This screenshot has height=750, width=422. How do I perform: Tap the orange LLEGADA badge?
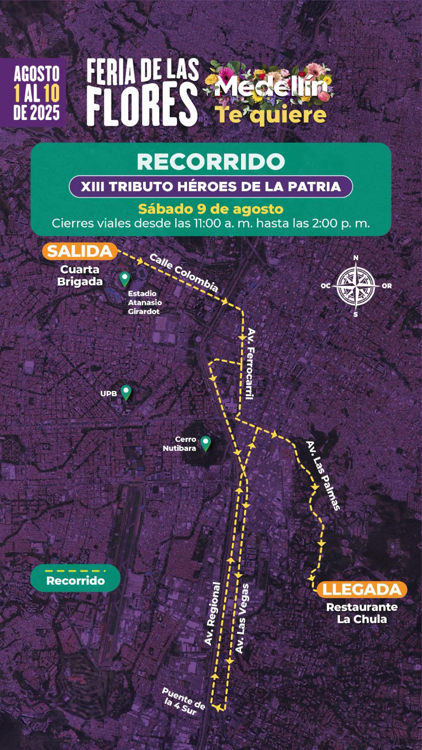pos(362,589)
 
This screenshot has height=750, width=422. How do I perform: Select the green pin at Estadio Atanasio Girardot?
pos(124,279)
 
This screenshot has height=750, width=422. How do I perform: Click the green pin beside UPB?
pos(126,392)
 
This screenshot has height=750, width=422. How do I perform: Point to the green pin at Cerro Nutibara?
pos(205,443)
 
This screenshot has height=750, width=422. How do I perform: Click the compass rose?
pos(356,285)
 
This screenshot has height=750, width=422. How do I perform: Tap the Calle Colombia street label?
pos(184,273)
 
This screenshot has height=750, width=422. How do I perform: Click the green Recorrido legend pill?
pos(75,580)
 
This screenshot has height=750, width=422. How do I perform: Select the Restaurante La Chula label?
pos(362,613)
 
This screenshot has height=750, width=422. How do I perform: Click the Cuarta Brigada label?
pos(80,276)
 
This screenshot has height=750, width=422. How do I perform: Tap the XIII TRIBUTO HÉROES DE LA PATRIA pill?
pos(211,186)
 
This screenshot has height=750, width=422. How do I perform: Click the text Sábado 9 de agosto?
pos(211,208)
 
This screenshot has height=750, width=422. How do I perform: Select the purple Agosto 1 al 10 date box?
pos(37,92)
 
